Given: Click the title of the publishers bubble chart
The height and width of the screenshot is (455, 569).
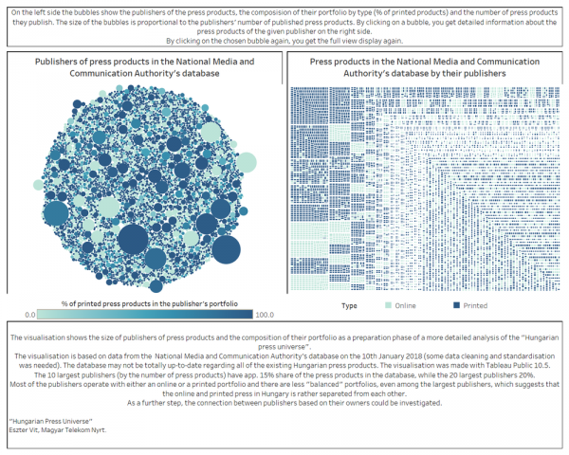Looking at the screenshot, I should (144, 66).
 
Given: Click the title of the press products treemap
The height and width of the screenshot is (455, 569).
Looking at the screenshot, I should (423, 66).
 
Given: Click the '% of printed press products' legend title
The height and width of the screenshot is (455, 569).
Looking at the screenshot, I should (144, 302).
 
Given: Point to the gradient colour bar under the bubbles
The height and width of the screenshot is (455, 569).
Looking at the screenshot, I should (144, 313).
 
